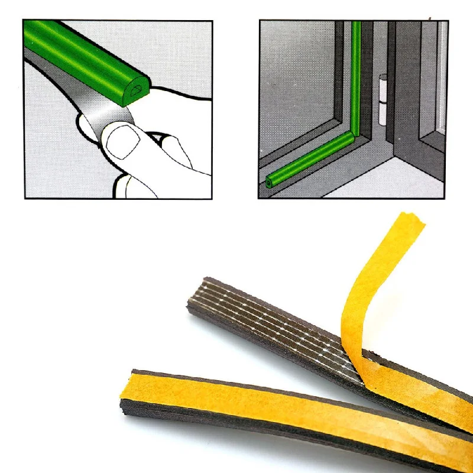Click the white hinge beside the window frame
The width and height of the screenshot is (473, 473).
coord(383,98)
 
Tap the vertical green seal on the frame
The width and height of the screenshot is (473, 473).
coord(356,77)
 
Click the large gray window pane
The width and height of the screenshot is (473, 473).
coord(296,89)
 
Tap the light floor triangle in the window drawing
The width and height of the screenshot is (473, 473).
coord(402,180)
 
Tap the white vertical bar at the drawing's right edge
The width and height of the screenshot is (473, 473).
coord(442,77)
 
